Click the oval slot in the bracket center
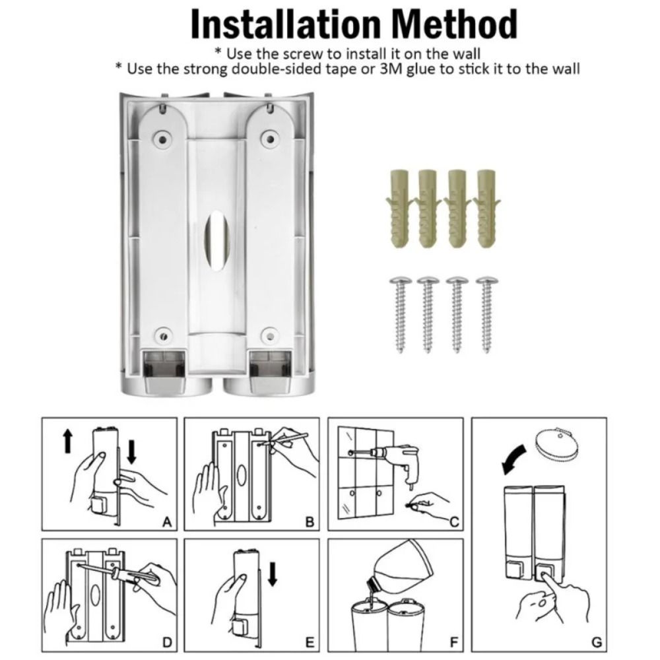pos(214,235)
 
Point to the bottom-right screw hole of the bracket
pos(268,334)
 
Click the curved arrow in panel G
pos(514,457)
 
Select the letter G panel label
pos(596,642)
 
